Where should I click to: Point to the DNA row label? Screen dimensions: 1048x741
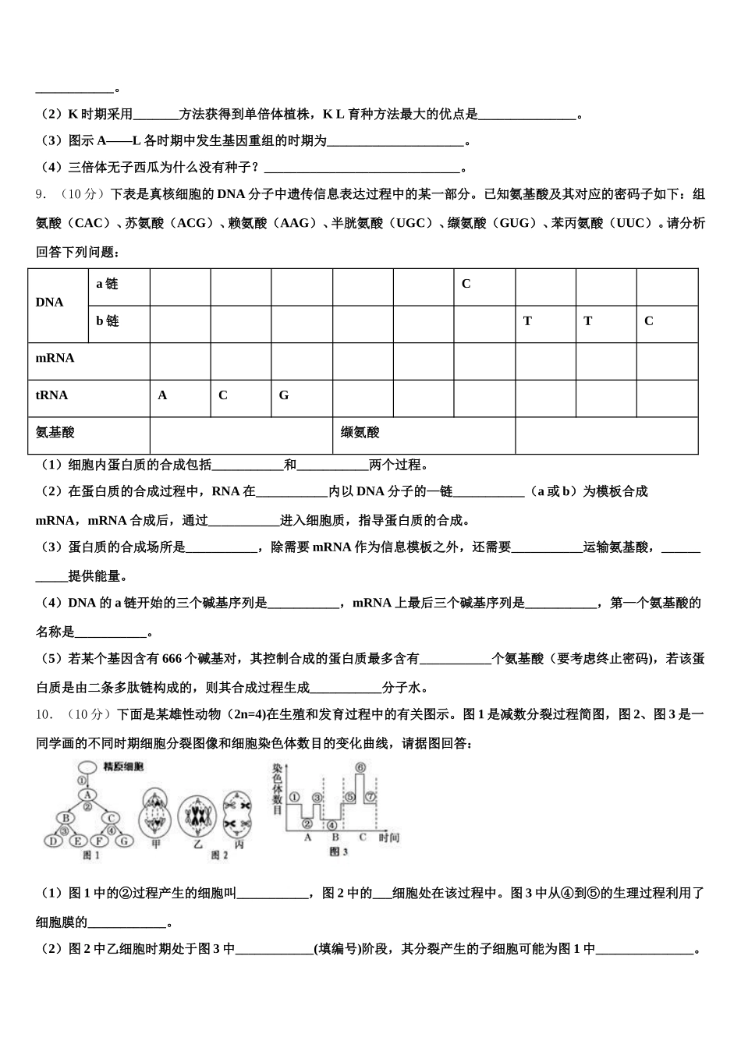point(50,303)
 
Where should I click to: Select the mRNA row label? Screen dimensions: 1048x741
point(55,359)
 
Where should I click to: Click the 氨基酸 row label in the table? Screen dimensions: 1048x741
point(55,433)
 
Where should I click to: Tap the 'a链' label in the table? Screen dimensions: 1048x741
point(107,285)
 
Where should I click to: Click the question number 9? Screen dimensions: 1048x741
point(41,195)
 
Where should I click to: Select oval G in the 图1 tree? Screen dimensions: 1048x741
point(126,841)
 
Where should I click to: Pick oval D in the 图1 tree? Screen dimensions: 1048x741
point(52,841)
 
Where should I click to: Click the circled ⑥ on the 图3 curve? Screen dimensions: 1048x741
point(360,768)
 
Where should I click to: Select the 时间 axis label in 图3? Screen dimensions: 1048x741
point(389,837)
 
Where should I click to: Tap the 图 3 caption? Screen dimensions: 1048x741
point(338,852)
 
